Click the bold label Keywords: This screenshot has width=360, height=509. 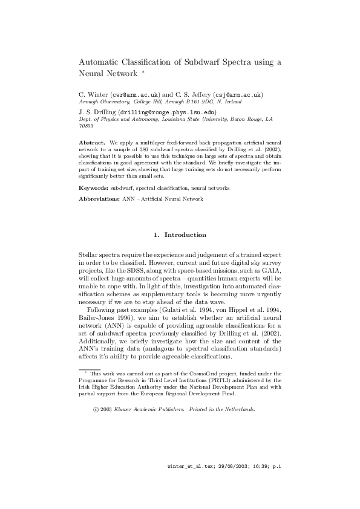(x=94, y=188)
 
